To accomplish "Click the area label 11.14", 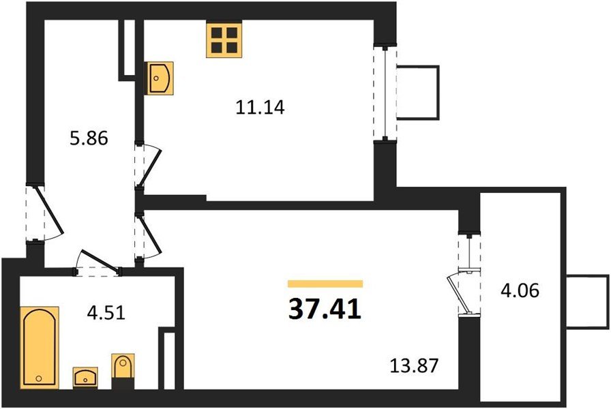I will click(260, 107).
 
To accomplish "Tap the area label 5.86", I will click(89, 138).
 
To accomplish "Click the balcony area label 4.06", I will click(520, 291).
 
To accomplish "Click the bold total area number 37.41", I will click(325, 311).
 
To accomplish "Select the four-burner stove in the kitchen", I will click(222, 40).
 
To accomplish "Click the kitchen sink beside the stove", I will click(160, 78).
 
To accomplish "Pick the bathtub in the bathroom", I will click(40, 347).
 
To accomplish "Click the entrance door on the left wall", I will click(38, 212).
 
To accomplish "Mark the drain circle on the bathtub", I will click(39, 378).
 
